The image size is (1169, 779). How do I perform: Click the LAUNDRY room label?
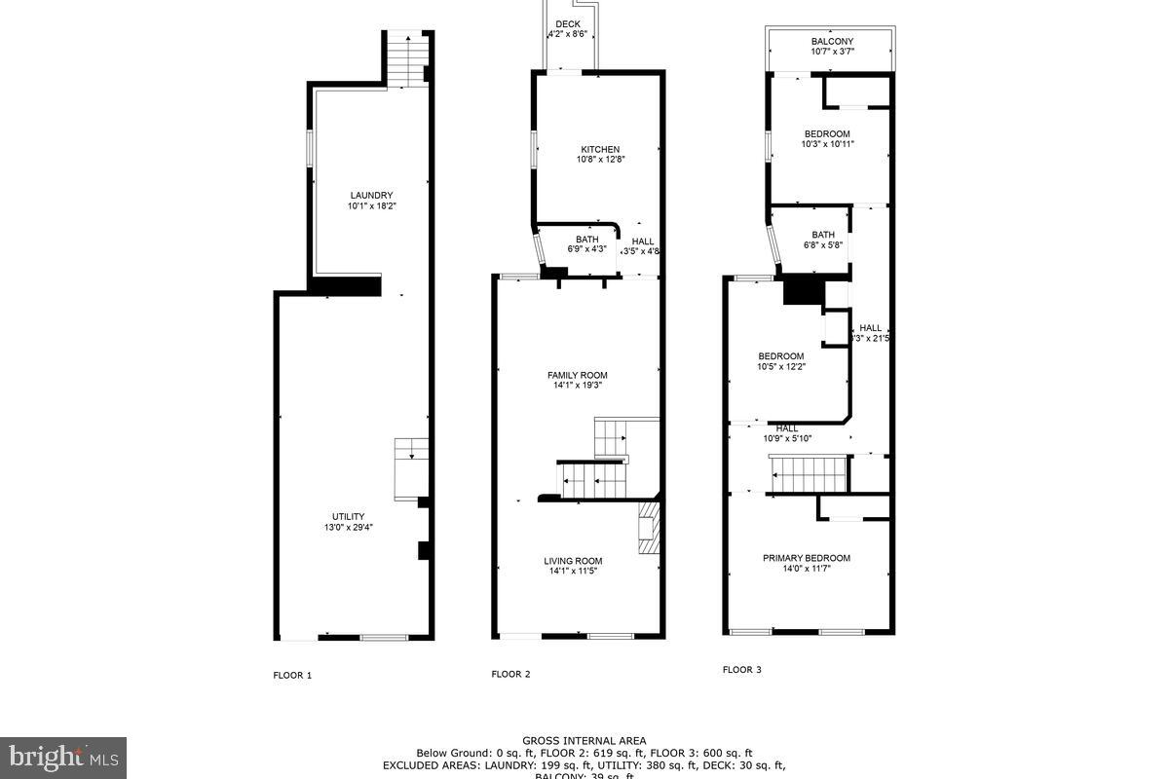pos(370,195)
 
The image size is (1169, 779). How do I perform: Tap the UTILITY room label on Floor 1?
pos(348,516)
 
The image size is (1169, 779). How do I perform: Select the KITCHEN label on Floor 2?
pos(598,149)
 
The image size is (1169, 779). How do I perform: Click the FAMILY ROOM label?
pos(577,375)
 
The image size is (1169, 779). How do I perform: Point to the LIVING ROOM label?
pos(573,561)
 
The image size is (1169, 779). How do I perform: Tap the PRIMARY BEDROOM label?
pos(806,558)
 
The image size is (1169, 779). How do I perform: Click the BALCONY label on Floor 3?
pos(832,41)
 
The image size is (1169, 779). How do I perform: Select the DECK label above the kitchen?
pos(568,24)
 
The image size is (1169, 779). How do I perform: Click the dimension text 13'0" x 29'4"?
pos(348,528)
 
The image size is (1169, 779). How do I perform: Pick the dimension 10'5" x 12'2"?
pos(781,367)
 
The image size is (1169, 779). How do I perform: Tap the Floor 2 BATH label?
pos(586,239)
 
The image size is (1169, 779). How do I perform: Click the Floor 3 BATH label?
pos(823,234)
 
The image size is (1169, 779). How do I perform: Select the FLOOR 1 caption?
pos(291,675)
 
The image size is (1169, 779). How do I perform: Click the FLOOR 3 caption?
pos(741,670)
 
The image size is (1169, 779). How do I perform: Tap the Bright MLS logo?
pos(62,756)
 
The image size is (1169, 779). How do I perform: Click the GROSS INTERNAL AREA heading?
pos(584,741)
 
